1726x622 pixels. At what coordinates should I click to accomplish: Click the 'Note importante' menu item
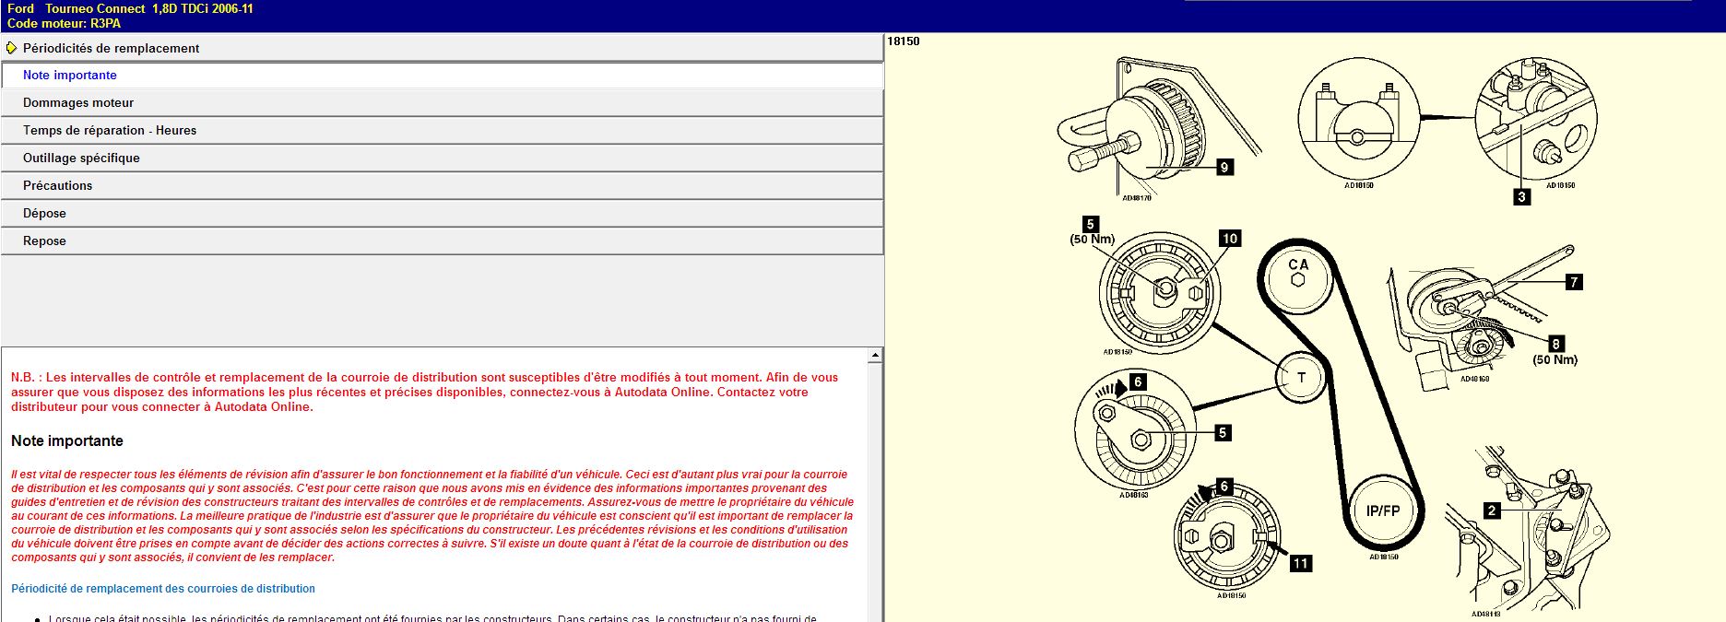[70, 76]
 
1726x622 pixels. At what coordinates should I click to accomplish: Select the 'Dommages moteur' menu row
[78, 103]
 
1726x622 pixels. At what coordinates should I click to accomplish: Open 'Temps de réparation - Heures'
[110, 131]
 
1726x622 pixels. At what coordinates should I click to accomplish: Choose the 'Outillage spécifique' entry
[81, 158]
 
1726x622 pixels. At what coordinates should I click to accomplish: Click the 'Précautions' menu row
[57, 186]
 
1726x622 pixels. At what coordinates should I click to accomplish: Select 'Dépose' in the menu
[44, 214]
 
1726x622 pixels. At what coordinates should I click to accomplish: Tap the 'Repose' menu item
[44, 241]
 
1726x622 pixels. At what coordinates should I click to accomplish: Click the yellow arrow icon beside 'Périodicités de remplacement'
[11, 48]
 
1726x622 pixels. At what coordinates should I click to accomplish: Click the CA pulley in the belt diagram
[1298, 272]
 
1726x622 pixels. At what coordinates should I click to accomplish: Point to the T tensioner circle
[1301, 378]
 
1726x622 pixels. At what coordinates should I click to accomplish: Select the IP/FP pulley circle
[1382, 511]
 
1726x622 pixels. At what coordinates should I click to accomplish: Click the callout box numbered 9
[1224, 167]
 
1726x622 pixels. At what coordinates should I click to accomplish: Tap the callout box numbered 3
[1521, 196]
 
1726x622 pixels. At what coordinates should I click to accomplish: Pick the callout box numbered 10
[1230, 239]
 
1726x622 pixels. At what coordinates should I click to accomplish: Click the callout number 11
[1300, 563]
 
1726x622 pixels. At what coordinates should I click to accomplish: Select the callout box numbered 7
[1574, 282]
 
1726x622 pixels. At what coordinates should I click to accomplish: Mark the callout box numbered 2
[1491, 510]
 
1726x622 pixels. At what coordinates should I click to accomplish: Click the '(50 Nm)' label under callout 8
[1555, 360]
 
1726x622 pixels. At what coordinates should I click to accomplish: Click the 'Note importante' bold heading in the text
[67, 441]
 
